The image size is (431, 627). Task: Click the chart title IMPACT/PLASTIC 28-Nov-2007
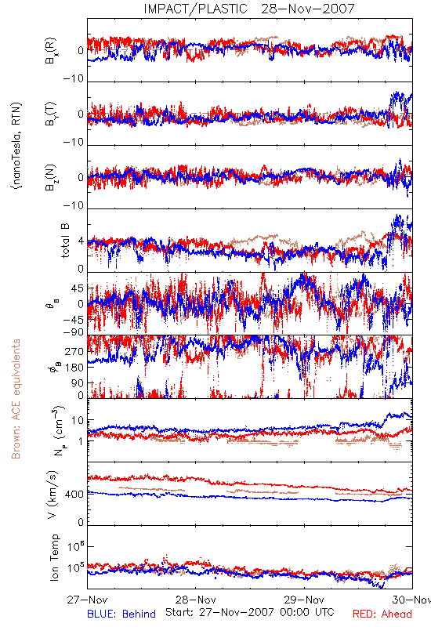(x=249, y=9)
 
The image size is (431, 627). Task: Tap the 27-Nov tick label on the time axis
(x=87, y=600)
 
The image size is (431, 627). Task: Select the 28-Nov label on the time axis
(x=196, y=600)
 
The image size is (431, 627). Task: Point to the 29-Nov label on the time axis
(x=304, y=600)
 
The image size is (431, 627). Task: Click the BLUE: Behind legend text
(x=121, y=614)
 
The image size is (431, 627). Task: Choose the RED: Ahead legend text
(x=382, y=614)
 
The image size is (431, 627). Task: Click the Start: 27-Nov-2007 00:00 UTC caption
(x=250, y=612)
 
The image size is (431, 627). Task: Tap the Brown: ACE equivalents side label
(x=16, y=399)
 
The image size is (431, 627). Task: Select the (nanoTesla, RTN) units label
(x=16, y=146)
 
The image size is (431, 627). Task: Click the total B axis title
(x=65, y=241)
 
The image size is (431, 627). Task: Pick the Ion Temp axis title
(x=54, y=557)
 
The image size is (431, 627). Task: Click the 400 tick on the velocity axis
(x=74, y=495)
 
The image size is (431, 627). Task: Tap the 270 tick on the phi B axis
(x=74, y=351)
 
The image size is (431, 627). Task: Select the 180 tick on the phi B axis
(x=74, y=368)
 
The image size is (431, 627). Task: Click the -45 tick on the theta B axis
(x=74, y=320)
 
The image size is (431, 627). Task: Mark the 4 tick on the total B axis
(x=81, y=241)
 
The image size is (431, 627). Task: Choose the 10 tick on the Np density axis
(x=78, y=420)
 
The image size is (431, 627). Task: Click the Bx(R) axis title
(x=51, y=51)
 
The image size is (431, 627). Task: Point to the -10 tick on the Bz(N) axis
(x=74, y=205)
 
